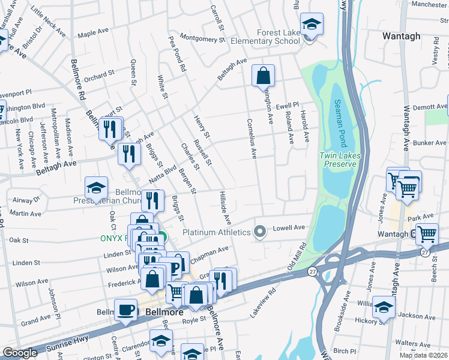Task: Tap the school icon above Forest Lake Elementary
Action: click(x=312, y=25)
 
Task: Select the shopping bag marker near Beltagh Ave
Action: click(x=263, y=76)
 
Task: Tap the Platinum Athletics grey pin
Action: click(x=260, y=232)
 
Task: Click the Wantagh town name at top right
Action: click(x=401, y=36)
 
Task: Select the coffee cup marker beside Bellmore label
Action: click(x=126, y=310)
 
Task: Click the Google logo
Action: click(x=20, y=353)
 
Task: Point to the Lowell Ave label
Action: click(x=290, y=228)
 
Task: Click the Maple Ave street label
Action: click(x=91, y=33)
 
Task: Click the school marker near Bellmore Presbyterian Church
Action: click(x=96, y=188)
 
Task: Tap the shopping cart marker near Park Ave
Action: click(x=426, y=235)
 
